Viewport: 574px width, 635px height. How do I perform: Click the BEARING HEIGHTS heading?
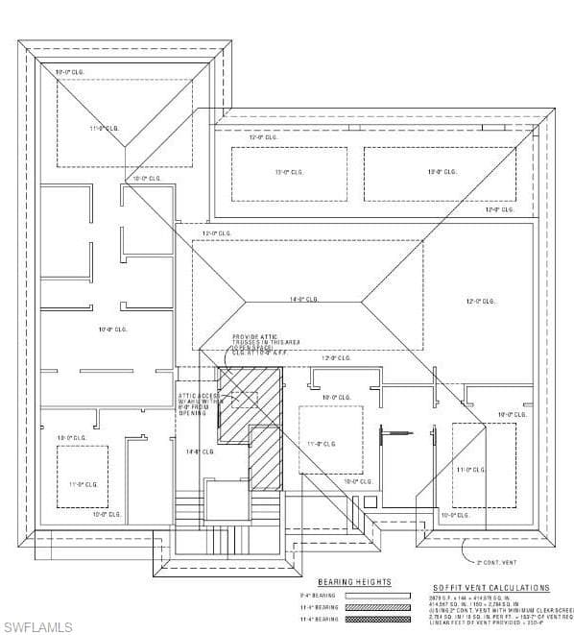(354, 582)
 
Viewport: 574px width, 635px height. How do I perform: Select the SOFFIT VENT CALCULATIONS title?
(490, 588)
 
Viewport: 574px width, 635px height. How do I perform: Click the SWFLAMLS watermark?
(37, 626)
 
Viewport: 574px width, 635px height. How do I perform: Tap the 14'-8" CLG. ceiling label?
(199, 451)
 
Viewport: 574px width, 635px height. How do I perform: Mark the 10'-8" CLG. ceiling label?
(112, 330)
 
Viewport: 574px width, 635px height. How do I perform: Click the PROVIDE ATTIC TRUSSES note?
(253, 344)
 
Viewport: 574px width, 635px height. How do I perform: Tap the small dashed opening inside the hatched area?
(244, 400)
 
